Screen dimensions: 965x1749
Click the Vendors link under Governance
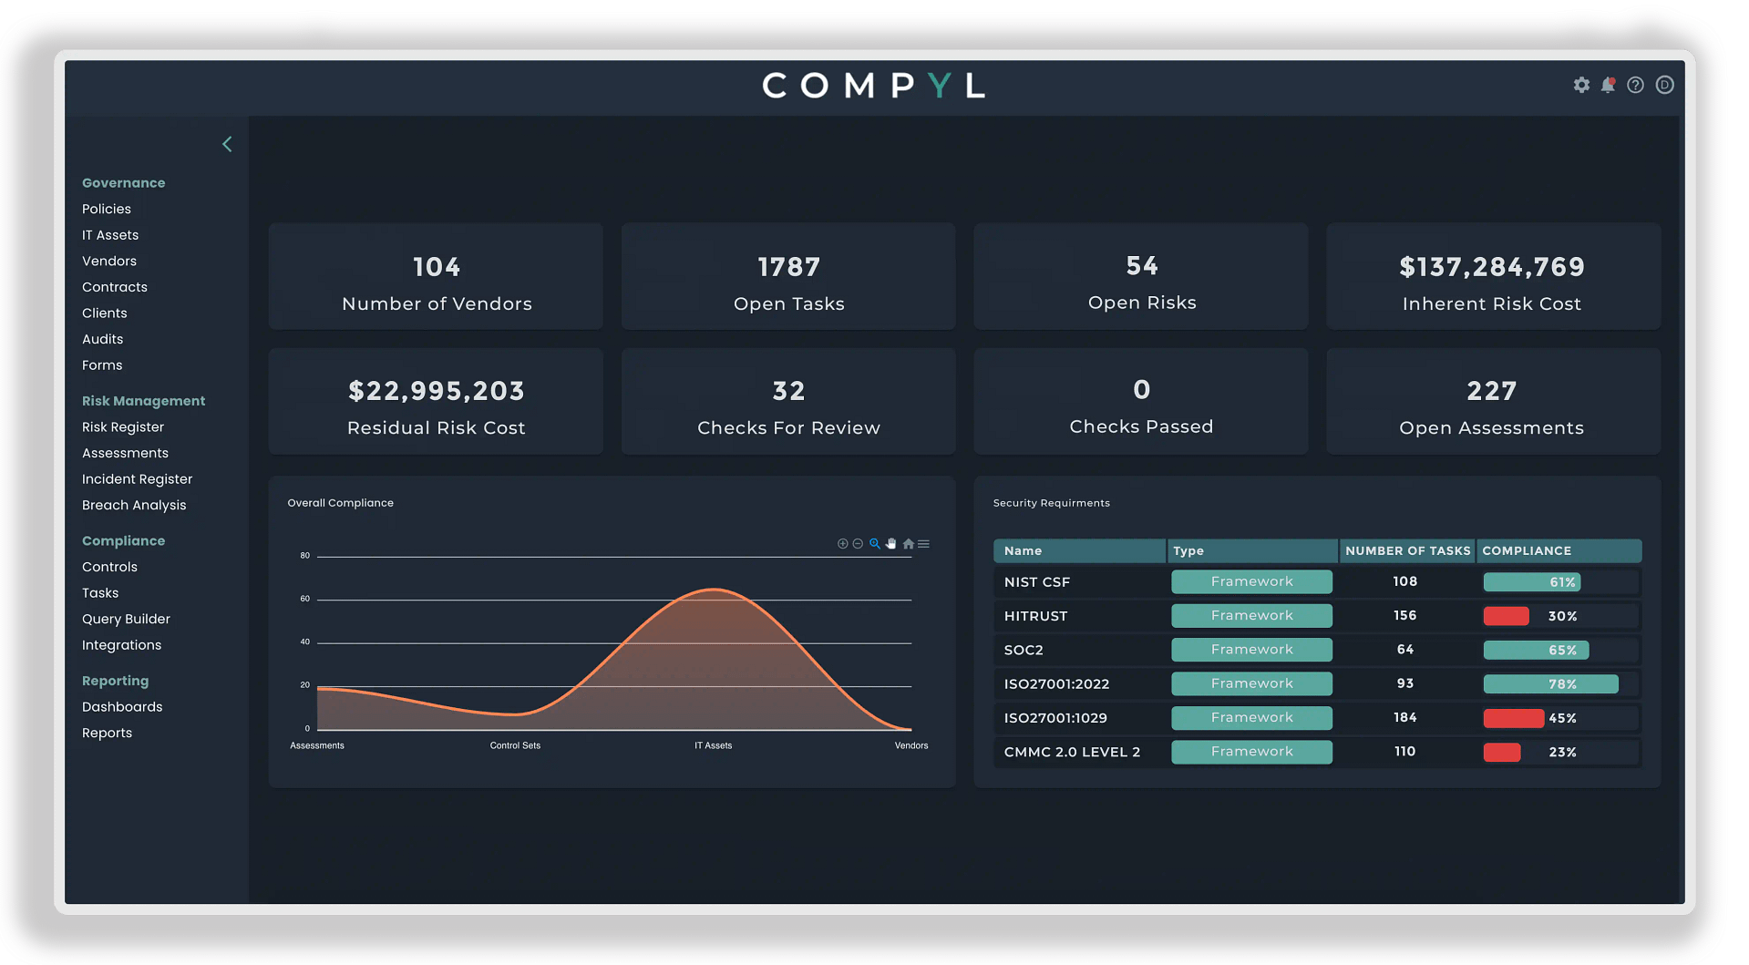tap(109, 262)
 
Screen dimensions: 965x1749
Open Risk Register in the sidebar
tap(123, 427)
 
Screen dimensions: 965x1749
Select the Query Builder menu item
tap(126, 620)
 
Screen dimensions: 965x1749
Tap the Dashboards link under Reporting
tap(122, 707)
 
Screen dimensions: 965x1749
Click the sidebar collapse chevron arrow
tap(227, 145)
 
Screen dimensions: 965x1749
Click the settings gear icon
tap(1581, 85)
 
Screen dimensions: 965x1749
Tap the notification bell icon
tap(1609, 85)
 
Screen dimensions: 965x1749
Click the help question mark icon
tap(1636, 85)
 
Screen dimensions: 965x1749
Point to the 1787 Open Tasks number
tap(789, 267)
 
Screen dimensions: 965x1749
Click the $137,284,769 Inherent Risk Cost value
tap(1492, 267)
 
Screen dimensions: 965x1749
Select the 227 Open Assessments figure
tap(1492, 391)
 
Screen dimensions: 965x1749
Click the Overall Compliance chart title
tap(341, 503)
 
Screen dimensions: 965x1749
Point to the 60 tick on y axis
tap(305, 599)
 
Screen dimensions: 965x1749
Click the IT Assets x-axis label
tap(713, 745)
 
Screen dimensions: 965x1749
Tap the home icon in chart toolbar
tap(908, 544)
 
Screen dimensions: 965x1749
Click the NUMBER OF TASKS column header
tap(1407, 551)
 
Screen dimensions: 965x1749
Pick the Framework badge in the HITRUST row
tap(1251, 616)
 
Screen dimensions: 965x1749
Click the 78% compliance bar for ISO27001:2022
tap(1550, 684)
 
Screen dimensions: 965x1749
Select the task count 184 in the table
tap(1404, 718)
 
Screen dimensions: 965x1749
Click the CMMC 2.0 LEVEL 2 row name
tap(1072, 753)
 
